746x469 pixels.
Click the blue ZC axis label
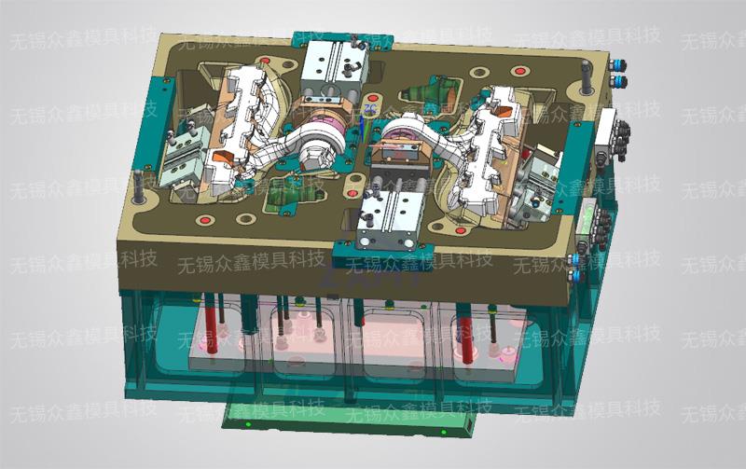[369, 108]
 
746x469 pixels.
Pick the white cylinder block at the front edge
[388, 219]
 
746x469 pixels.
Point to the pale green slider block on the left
[182, 156]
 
